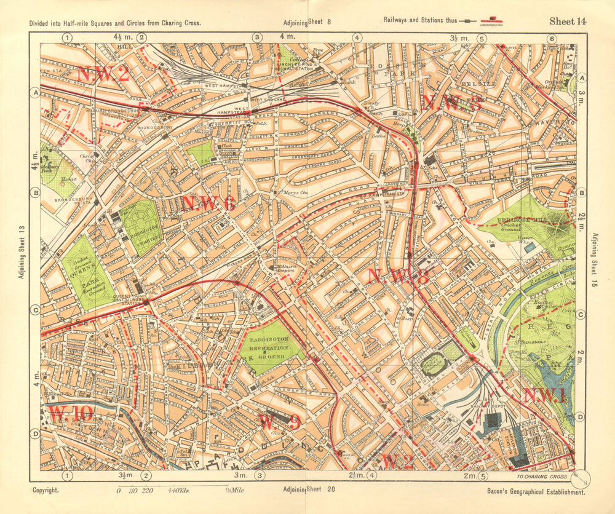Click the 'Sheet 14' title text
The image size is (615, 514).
568,21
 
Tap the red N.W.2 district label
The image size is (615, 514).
103,74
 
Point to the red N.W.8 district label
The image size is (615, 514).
397,277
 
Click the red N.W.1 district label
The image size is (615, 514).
544,396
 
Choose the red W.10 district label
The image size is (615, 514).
71,413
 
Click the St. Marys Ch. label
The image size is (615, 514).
285,193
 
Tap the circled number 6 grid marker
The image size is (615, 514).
552,39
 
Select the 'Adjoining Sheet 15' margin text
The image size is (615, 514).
595,255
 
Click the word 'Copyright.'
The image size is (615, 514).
46,490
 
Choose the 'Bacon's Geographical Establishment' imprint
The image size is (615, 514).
535,491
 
